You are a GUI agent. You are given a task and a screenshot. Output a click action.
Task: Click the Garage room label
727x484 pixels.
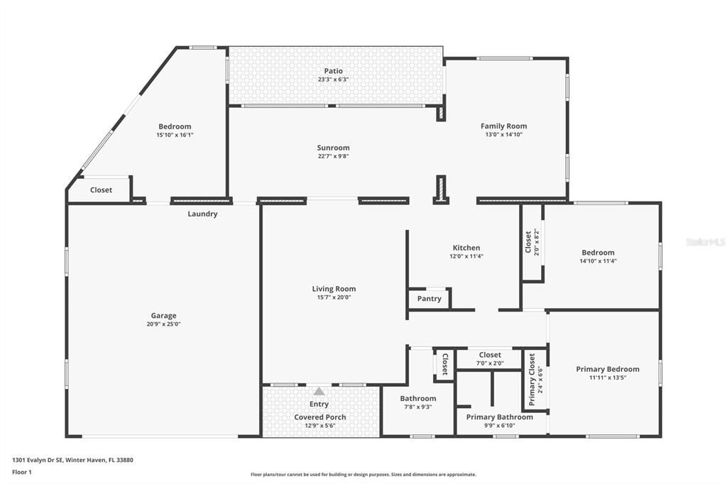[x=163, y=316]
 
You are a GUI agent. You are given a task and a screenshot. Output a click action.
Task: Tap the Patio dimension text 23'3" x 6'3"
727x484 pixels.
[x=333, y=79]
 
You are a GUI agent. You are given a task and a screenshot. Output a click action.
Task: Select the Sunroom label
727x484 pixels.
[x=333, y=148]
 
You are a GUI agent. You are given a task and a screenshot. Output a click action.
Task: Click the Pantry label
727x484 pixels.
[x=429, y=299]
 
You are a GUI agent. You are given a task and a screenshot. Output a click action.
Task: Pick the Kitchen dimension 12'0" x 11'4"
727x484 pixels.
[x=466, y=256]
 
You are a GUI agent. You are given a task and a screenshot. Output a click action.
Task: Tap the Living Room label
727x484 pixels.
[x=334, y=289]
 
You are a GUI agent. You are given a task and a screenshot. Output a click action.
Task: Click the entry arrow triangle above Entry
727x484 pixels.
[x=319, y=391]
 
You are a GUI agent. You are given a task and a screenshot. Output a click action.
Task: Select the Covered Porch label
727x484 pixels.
[x=320, y=417]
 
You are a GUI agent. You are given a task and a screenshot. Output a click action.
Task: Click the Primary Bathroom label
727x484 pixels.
[x=499, y=417]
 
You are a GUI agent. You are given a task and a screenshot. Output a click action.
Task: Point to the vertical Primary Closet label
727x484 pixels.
[x=532, y=379]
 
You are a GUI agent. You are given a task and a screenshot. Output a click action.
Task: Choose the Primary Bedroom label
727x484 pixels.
[x=607, y=369]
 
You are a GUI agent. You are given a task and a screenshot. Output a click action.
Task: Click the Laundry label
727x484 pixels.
[x=202, y=214]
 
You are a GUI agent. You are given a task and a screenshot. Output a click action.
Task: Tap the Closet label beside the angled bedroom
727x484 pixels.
[x=101, y=190]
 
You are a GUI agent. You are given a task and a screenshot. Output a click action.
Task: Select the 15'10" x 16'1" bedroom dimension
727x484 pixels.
[x=175, y=135]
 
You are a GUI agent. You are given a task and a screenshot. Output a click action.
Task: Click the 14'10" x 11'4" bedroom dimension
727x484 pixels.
[x=598, y=261]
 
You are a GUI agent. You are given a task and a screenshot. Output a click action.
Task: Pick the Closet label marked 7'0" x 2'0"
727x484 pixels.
[x=490, y=355]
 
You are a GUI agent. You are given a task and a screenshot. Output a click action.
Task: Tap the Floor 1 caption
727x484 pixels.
[x=22, y=471]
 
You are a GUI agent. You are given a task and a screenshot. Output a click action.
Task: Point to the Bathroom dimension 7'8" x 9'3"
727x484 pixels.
[x=417, y=407]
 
